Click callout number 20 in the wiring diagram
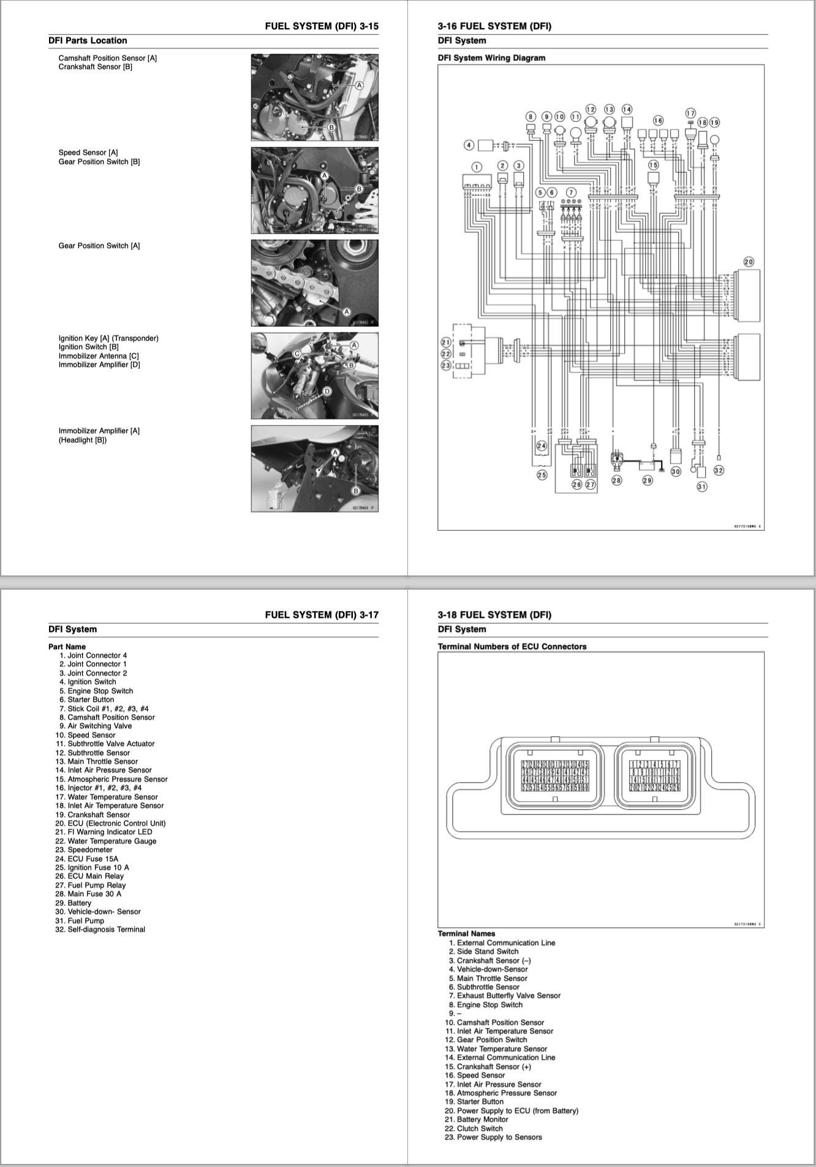tap(749, 262)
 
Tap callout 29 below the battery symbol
tap(647, 481)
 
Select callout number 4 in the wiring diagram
tap(469, 145)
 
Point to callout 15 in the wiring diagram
tap(653, 165)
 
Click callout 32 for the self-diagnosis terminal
tap(719, 471)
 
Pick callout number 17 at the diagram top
tap(690, 113)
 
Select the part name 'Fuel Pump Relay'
tap(96, 885)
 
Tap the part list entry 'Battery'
tap(79, 903)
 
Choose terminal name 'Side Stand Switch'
tap(487, 951)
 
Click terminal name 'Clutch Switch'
tap(480, 1128)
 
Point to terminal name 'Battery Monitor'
tap(482, 1119)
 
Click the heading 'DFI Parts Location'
tap(88, 40)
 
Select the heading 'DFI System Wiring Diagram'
tap(491, 58)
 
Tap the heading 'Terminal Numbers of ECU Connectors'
tap(512, 647)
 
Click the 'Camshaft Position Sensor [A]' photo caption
tap(107, 58)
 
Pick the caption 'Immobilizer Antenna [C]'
tap(98, 356)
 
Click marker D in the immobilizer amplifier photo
tap(327, 391)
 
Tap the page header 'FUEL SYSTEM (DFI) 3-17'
tap(322, 615)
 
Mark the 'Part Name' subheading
tap(67, 647)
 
